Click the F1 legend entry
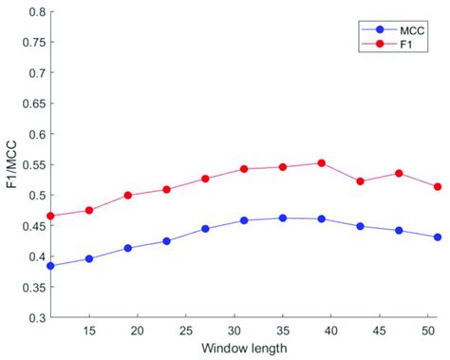pyautogui.click(x=383, y=43)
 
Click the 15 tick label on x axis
pyautogui.click(x=88, y=330)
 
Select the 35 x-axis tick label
pyautogui.click(x=282, y=330)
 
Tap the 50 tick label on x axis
pyautogui.click(x=427, y=330)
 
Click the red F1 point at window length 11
pyautogui.click(x=50, y=217)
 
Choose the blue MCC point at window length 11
pyautogui.click(x=50, y=266)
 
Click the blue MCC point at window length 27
pyautogui.click(x=205, y=229)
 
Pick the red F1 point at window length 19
pyautogui.click(x=128, y=196)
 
